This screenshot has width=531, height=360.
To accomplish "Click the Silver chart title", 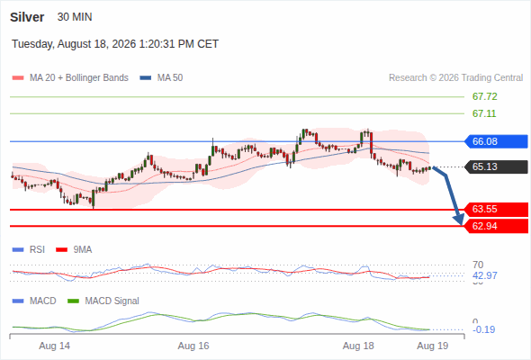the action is [x=27, y=17].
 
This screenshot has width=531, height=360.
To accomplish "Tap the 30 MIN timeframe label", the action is [x=75, y=17].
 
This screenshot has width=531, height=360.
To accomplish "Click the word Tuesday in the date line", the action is [x=32, y=44].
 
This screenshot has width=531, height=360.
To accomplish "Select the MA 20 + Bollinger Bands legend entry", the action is [x=70, y=78].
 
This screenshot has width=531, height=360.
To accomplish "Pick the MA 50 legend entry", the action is [x=161, y=78].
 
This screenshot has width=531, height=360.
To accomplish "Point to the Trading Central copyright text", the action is [x=455, y=78].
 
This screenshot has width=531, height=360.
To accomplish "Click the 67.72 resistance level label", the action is [x=484, y=97].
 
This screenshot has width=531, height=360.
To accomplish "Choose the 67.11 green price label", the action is [x=484, y=113].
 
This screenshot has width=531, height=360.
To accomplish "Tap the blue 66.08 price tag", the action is [x=495, y=141].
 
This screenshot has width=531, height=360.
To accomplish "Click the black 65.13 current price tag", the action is [x=495, y=166].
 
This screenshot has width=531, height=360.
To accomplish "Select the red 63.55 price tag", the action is [x=495, y=209].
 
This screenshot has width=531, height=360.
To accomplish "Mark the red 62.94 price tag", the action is [x=495, y=226].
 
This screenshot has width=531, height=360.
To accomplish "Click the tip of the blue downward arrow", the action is [x=461, y=224].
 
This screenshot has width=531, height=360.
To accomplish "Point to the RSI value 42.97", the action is [x=484, y=275].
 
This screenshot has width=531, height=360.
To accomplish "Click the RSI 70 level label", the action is [x=478, y=265].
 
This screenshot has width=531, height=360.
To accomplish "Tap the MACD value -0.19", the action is [x=483, y=329].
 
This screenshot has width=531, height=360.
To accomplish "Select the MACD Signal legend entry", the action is [x=103, y=301].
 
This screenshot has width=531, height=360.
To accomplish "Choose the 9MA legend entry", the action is [x=74, y=249].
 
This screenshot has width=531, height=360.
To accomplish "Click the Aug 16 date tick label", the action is [x=193, y=346].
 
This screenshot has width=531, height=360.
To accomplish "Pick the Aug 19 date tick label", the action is [x=433, y=346].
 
